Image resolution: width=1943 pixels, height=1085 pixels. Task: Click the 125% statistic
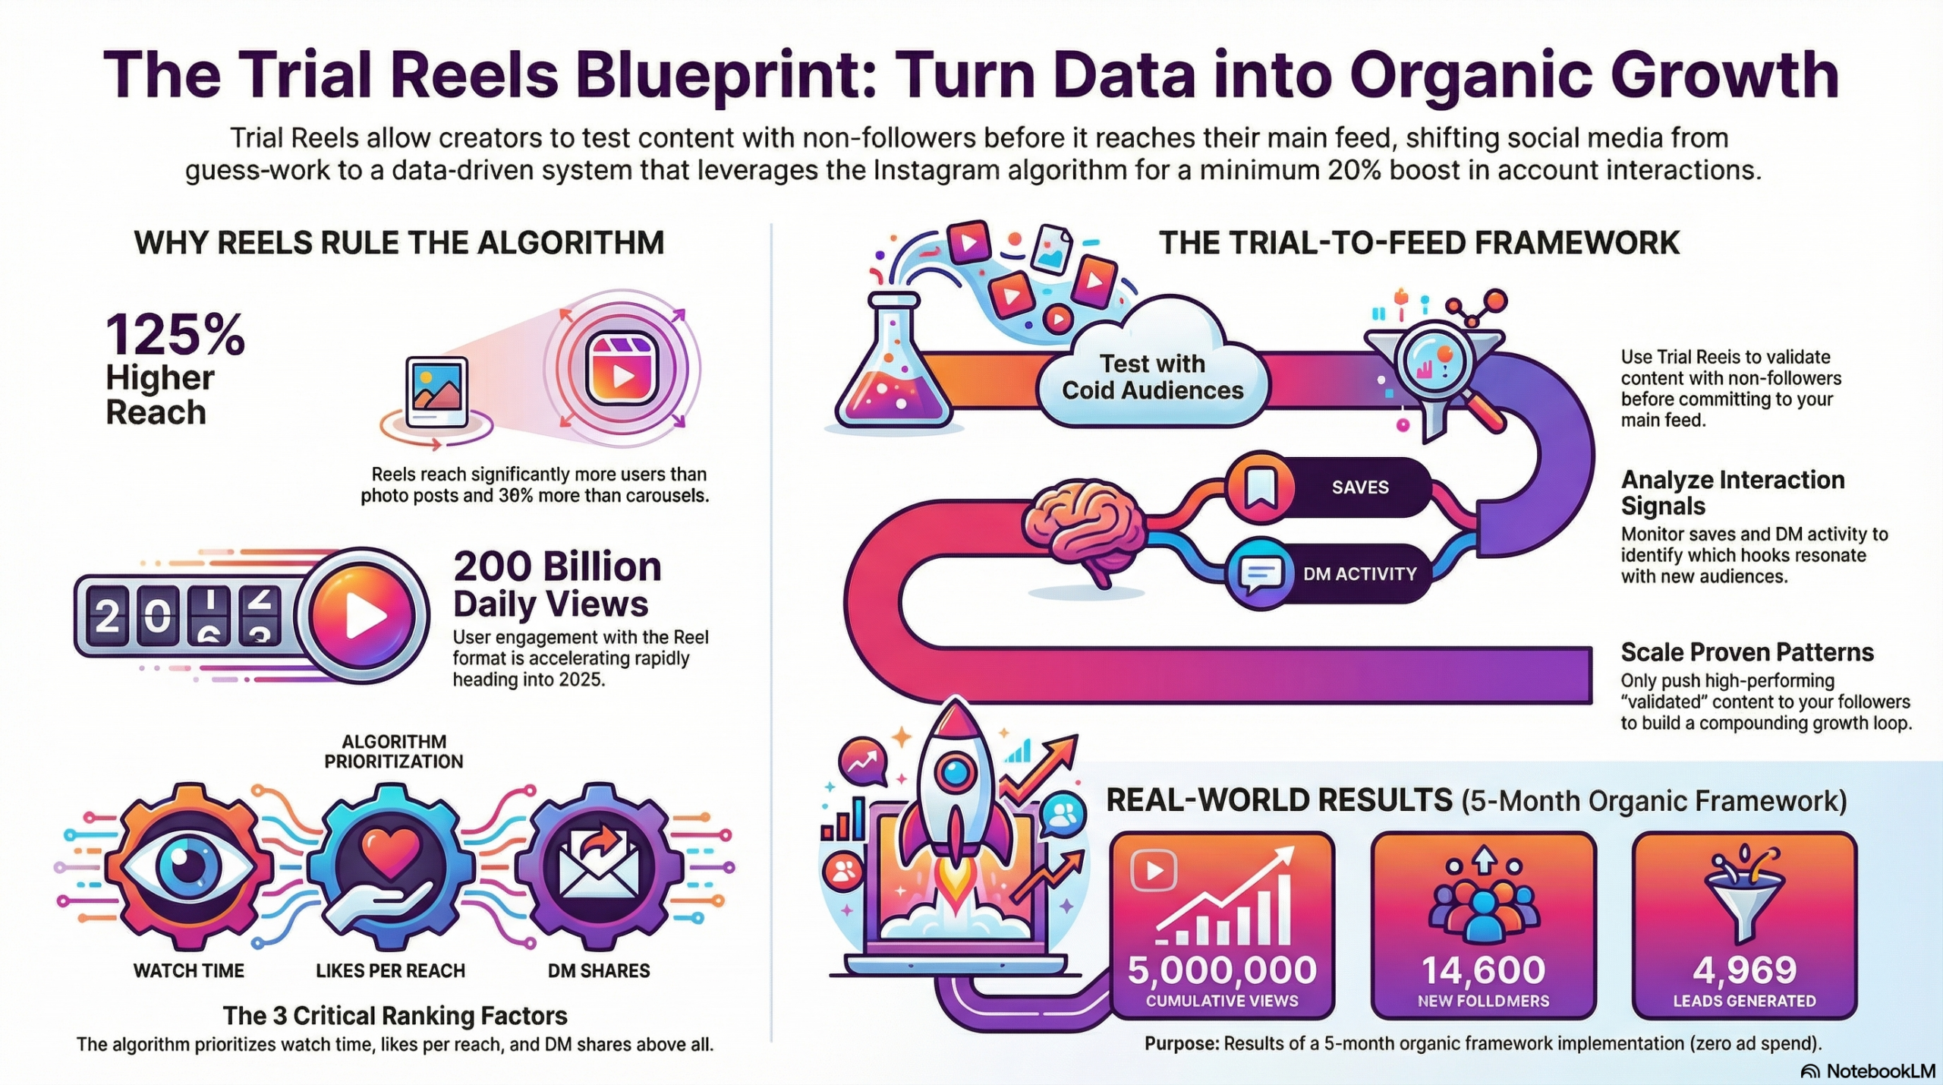click(x=175, y=335)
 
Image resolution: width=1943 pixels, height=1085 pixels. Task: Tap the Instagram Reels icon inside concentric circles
click(x=623, y=368)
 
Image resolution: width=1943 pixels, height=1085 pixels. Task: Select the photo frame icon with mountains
click(x=436, y=392)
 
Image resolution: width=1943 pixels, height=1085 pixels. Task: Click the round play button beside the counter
click(x=363, y=614)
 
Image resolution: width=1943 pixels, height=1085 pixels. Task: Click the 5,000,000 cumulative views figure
click(x=1222, y=970)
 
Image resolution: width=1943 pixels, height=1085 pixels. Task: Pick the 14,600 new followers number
click(x=1483, y=970)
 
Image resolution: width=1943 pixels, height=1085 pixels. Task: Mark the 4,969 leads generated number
click(x=1745, y=970)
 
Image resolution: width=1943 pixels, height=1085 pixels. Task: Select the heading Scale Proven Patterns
click(x=1747, y=652)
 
